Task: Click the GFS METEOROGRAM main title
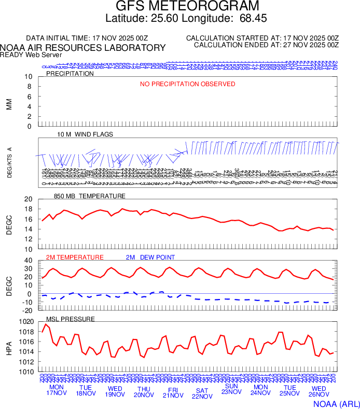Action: (x=187, y=7)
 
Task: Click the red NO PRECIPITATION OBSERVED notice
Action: (x=188, y=84)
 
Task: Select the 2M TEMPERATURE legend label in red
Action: (x=75, y=257)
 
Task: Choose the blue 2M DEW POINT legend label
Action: (x=150, y=257)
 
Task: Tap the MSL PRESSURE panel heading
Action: (x=71, y=319)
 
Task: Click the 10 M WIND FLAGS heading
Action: (x=85, y=134)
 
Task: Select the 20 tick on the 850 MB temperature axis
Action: (x=29, y=199)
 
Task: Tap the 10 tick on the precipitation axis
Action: (x=29, y=77)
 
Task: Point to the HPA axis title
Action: (x=9, y=347)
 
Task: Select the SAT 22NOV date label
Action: (x=202, y=393)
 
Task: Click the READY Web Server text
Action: (x=31, y=54)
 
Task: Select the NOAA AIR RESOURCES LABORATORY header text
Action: (x=83, y=48)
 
